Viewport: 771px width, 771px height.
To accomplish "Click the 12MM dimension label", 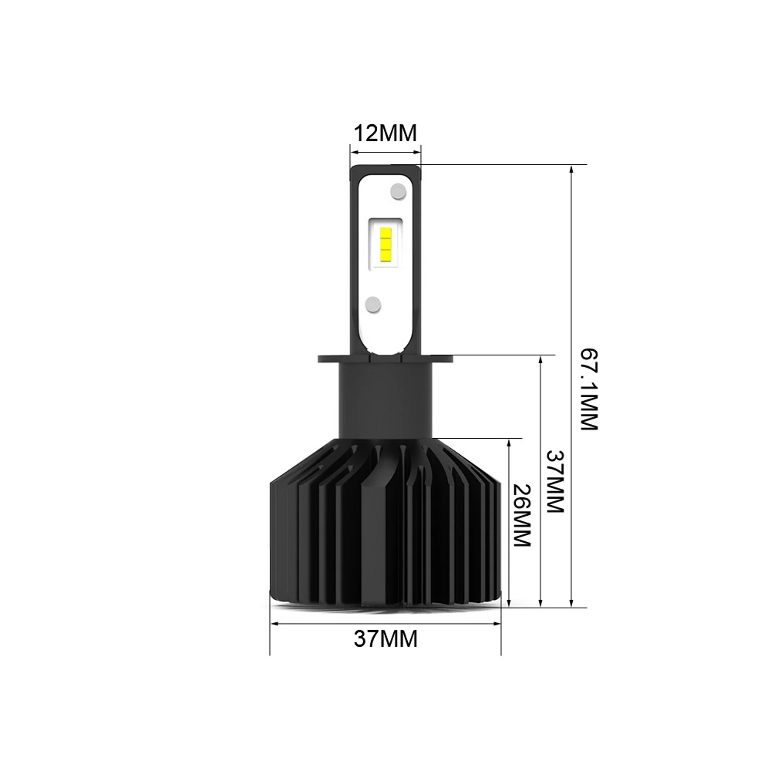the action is click(x=385, y=133).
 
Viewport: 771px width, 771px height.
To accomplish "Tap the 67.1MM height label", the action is click(x=589, y=389).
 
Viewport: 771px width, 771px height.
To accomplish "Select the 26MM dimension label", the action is click(x=521, y=515).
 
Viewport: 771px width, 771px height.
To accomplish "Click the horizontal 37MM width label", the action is click(x=385, y=639).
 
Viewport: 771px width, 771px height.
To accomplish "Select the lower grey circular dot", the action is click(x=373, y=304).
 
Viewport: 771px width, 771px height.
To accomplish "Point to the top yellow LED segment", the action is click(x=385, y=233).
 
